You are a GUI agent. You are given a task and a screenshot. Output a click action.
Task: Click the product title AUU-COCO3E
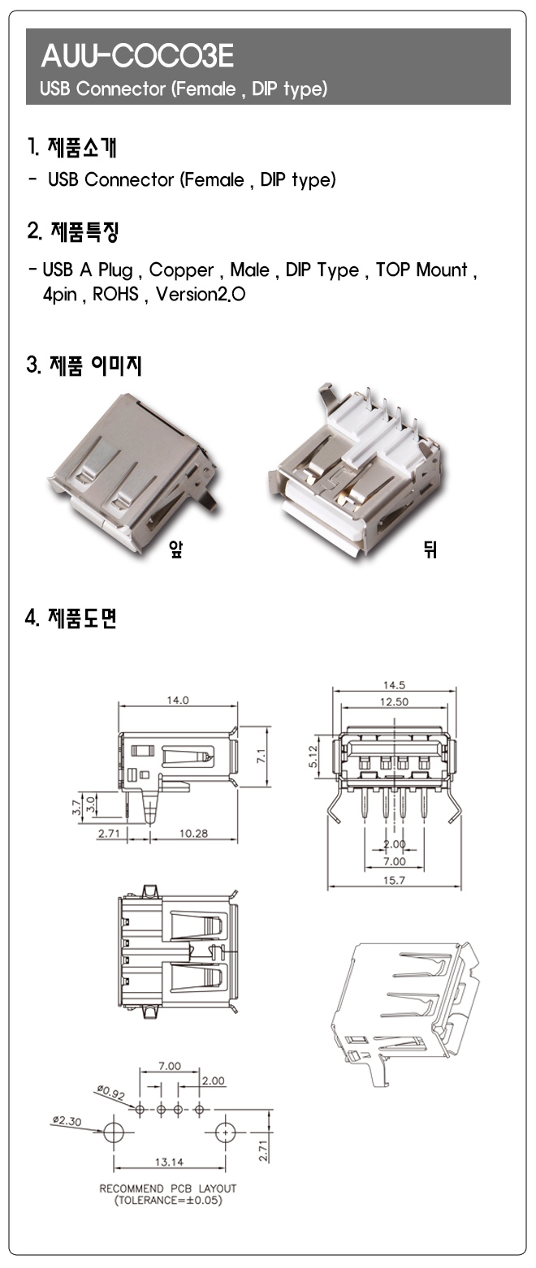[137, 56]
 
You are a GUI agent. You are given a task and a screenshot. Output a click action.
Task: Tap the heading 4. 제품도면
[72, 619]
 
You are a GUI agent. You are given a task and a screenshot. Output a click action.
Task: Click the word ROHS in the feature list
[115, 294]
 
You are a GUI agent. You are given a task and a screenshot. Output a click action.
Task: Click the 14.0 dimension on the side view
[178, 700]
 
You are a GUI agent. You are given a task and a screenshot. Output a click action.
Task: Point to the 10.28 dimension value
[193, 834]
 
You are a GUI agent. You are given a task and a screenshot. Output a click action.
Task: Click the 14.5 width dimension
[395, 685]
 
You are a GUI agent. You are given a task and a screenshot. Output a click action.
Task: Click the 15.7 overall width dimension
[395, 880]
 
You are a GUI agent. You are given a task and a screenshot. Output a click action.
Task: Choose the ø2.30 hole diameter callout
[67, 1120]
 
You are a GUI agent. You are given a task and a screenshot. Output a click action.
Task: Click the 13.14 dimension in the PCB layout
[169, 1162]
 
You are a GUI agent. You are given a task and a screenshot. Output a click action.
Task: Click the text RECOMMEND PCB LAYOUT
[168, 1188]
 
